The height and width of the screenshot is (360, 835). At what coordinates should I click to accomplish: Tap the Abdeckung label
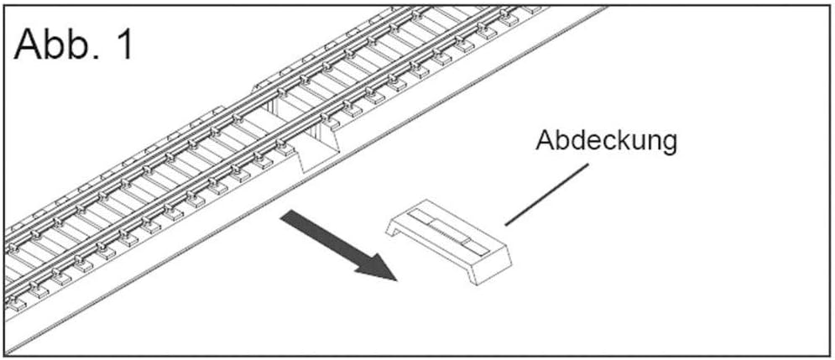[606, 139]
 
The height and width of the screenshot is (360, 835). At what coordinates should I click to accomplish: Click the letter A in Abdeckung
[544, 139]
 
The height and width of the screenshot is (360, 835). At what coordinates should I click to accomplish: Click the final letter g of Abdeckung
[668, 143]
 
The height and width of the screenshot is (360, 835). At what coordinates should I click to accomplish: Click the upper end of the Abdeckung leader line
[587, 165]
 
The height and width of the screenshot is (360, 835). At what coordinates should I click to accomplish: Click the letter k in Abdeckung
[620, 139]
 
